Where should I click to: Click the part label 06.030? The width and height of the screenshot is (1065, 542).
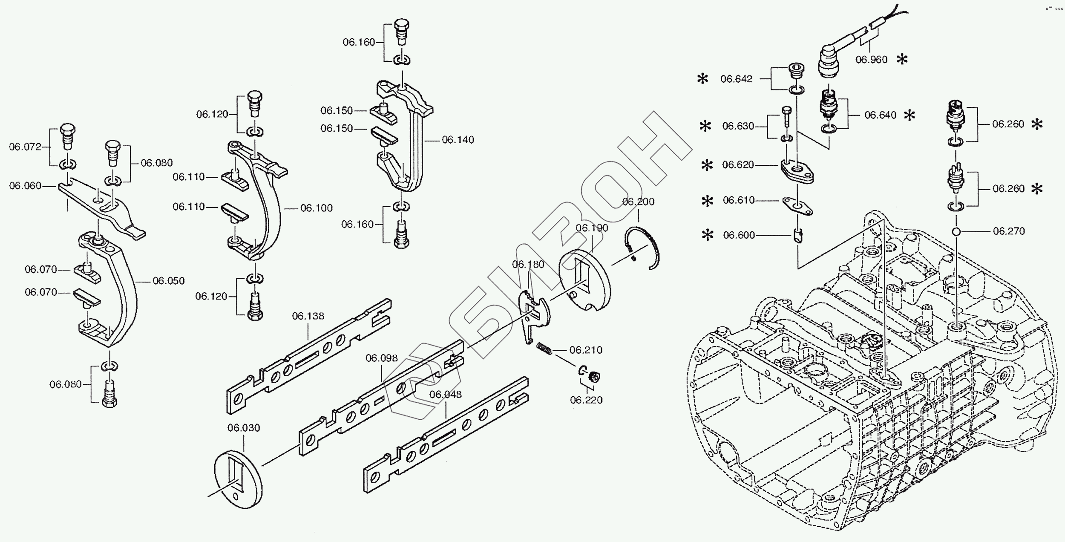[x=243, y=428]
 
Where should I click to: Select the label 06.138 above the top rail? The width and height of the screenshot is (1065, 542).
[x=308, y=316]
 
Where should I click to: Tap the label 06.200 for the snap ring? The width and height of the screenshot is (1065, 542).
[x=638, y=202]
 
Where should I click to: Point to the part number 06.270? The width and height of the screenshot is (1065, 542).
[x=1009, y=231]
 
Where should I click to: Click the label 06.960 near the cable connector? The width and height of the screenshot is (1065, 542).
[x=872, y=60]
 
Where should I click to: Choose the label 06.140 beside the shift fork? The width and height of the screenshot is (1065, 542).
[x=458, y=140]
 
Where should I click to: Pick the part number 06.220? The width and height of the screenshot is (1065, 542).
[x=586, y=400]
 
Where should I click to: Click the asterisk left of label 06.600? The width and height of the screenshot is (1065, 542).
[x=707, y=235]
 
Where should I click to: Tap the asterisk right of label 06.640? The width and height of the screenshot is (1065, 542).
[x=910, y=115]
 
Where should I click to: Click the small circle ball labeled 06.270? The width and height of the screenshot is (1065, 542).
[x=956, y=232]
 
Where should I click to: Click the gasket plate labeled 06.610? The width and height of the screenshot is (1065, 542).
[x=797, y=206]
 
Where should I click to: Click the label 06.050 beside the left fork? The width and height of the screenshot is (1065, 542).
[x=169, y=281]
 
